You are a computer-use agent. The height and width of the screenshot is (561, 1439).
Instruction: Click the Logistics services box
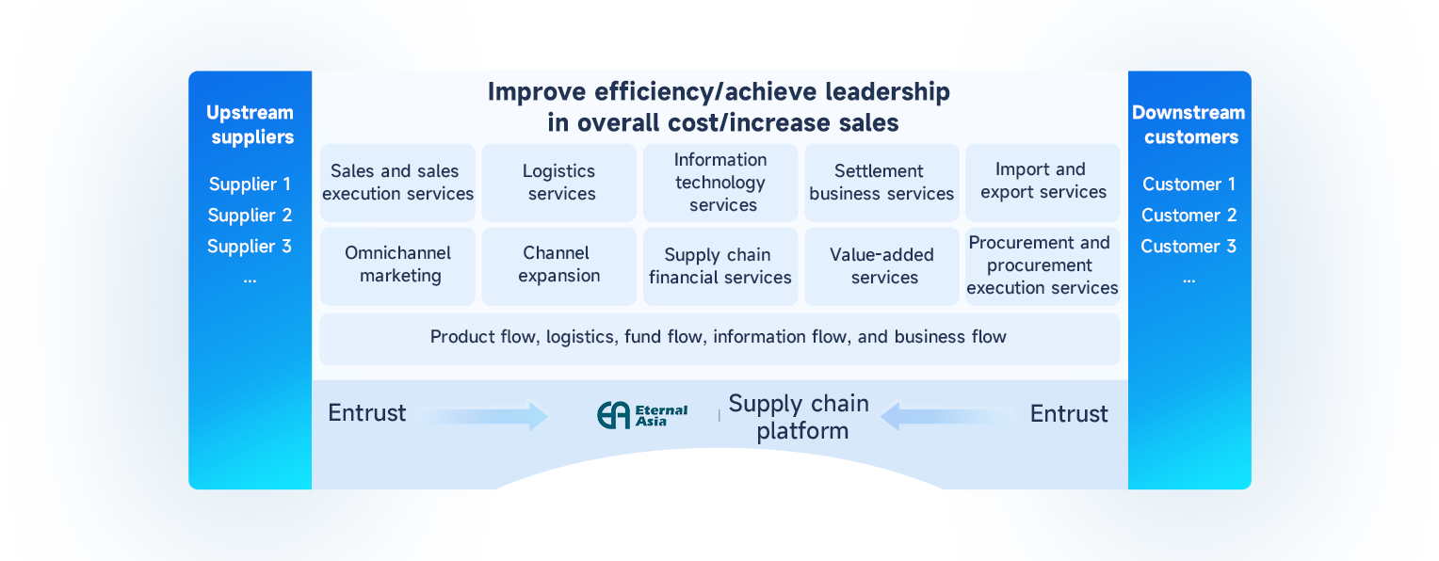click(x=559, y=183)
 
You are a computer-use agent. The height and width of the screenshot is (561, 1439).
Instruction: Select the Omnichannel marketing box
click(x=398, y=264)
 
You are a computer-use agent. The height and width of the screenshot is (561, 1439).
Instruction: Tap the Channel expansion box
click(x=559, y=264)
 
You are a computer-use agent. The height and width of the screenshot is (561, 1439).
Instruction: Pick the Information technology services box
click(x=720, y=183)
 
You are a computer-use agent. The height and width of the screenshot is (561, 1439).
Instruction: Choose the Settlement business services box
click(x=881, y=183)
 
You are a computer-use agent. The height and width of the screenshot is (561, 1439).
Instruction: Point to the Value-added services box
click(x=881, y=266)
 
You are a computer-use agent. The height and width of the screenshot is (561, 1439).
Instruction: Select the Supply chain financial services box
click(x=720, y=266)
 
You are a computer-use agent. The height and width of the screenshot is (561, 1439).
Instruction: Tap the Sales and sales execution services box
click(x=398, y=183)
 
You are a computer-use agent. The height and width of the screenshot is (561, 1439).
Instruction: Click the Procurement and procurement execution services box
click(x=1043, y=265)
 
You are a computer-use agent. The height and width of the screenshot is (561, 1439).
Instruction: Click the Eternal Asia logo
click(x=643, y=415)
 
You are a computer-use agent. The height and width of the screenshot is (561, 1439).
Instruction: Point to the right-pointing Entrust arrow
click(x=482, y=415)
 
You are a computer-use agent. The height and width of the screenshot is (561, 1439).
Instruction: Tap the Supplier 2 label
click(x=250, y=216)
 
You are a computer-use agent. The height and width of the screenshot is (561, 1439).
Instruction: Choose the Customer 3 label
click(x=1188, y=247)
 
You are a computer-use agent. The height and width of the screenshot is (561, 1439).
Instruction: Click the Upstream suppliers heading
click(x=251, y=125)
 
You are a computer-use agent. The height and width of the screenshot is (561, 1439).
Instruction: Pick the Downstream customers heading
click(x=1188, y=125)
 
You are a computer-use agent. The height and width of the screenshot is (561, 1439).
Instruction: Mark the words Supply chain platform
click(x=799, y=417)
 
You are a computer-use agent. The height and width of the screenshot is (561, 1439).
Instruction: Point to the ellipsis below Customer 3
click(x=1188, y=279)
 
